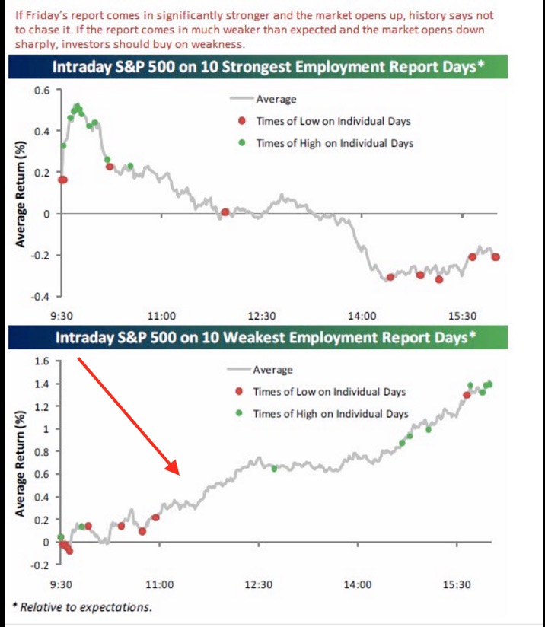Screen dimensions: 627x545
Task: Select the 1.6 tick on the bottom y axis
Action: (43, 361)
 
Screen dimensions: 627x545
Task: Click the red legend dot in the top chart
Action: (242, 121)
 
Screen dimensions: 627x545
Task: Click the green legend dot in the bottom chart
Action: (241, 414)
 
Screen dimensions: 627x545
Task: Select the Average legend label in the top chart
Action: (276, 99)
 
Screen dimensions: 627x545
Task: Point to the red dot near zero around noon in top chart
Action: (225, 212)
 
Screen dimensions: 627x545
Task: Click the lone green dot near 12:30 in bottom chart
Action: (274, 469)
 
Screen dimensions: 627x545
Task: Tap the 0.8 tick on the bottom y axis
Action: (43, 451)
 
